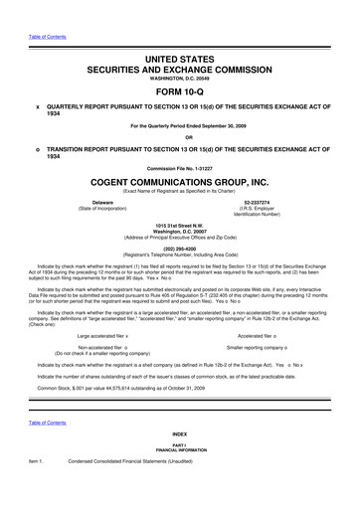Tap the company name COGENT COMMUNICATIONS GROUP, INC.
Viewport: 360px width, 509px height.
(x=180, y=183)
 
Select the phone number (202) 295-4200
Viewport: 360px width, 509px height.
(x=180, y=250)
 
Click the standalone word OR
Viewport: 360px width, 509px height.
(x=180, y=136)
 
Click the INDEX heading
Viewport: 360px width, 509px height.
(x=180, y=463)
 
